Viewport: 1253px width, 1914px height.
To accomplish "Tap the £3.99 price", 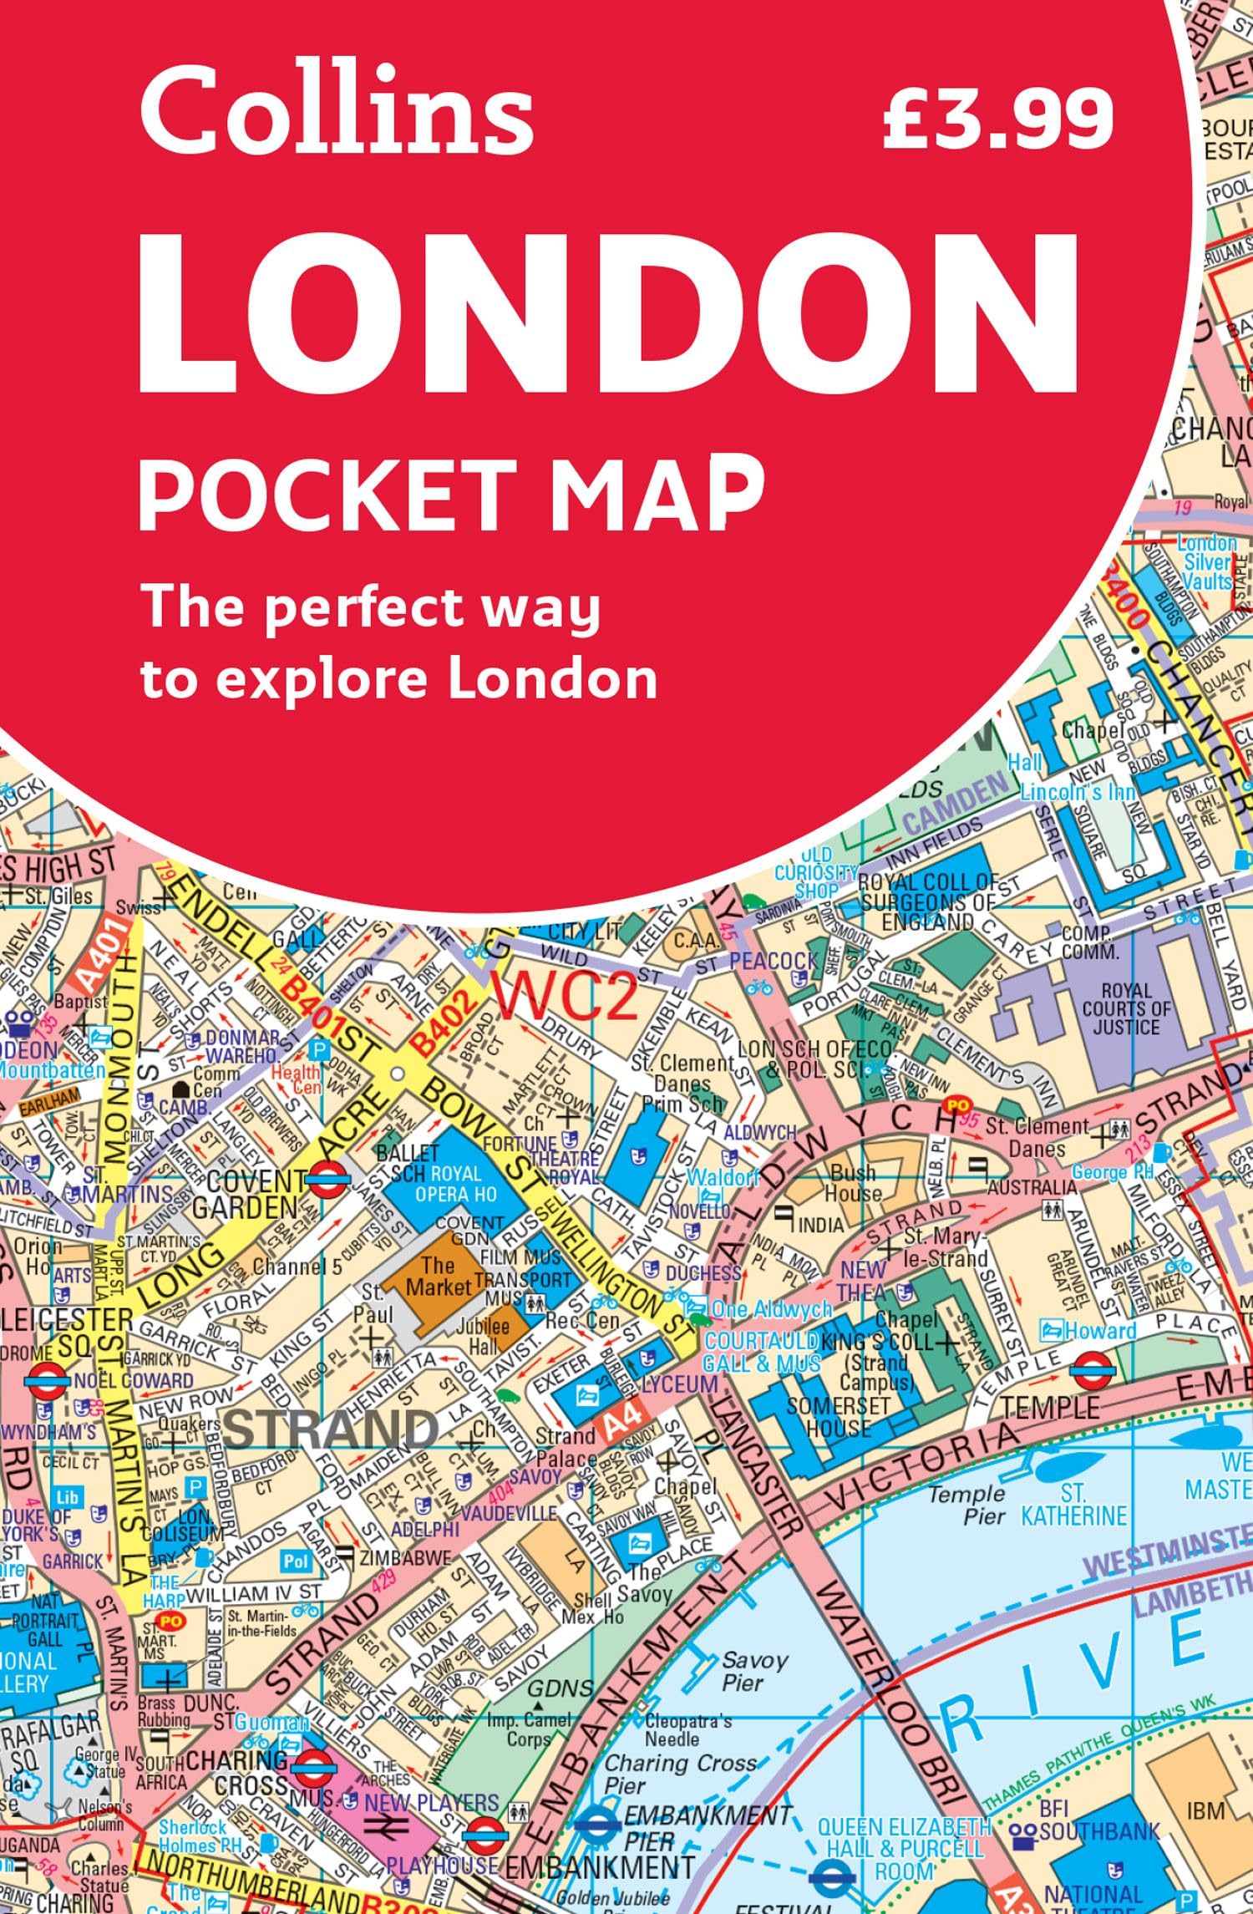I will (997, 117).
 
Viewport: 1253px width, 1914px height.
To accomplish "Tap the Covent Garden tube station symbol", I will (321, 1180).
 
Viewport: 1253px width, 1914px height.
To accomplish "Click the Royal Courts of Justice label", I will (1126, 1008).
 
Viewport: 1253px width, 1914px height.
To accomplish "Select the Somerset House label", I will (838, 1416).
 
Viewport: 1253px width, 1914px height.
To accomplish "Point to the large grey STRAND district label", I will (332, 1429).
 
